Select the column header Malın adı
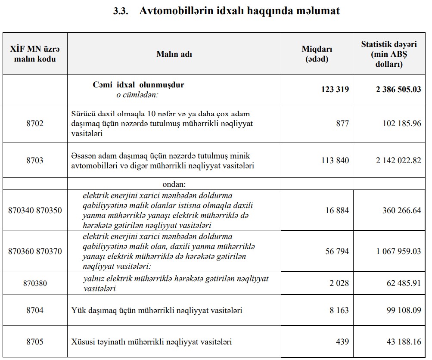[174, 54]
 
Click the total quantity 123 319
[335, 90]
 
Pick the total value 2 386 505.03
[398, 90]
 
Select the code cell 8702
[35, 124]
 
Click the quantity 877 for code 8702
[342, 124]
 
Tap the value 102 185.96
[401, 124]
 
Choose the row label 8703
[35, 161]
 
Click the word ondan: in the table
[174, 184]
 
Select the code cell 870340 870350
[35, 211]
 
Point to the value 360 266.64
[401, 211]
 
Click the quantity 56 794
[337, 251]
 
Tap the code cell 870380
[35, 283]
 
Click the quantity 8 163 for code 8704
[339, 310]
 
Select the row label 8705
[35, 342]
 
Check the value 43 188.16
[404, 342]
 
